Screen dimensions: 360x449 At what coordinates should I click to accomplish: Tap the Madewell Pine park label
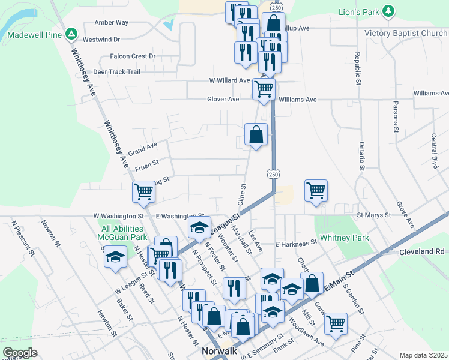[x=35, y=34]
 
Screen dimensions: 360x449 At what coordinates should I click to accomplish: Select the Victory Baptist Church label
[x=406, y=34]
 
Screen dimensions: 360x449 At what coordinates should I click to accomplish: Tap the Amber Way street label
[x=112, y=22]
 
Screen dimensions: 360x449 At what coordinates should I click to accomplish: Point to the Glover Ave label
[x=223, y=100]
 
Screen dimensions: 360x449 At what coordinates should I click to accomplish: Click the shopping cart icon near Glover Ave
[x=264, y=89]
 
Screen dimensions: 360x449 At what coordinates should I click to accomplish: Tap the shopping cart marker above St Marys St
[x=316, y=191]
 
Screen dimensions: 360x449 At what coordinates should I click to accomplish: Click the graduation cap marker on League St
[x=199, y=227]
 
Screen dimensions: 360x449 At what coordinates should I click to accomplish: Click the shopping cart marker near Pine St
[x=336, y=323]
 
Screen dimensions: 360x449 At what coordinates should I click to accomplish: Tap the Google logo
[x=20, y=353]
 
